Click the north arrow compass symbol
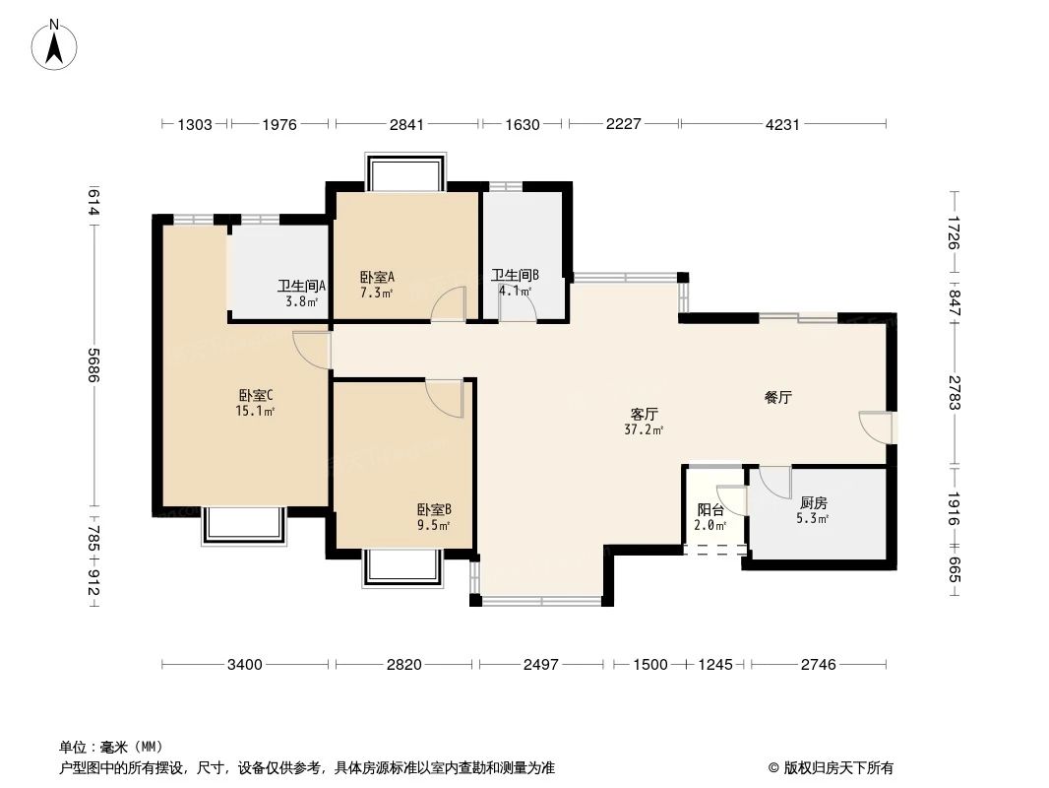(x=55, y=43)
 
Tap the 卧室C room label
(x=255, y=403)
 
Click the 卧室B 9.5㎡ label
(x=433, y=517)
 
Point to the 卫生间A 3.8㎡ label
(x=301, y=294)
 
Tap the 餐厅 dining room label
(x=778, y=398)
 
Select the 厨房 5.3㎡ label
(x=813, y=509)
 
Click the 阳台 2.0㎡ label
(x=710, y=517)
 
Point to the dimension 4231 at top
(x=783, y=124)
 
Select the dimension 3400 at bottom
(x=244, y=665)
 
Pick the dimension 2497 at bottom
(x=540, y=665)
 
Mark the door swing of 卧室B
(x=445, y=397)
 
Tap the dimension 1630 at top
(x=523, y=124)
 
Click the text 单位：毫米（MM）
(x=111, y=747)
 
